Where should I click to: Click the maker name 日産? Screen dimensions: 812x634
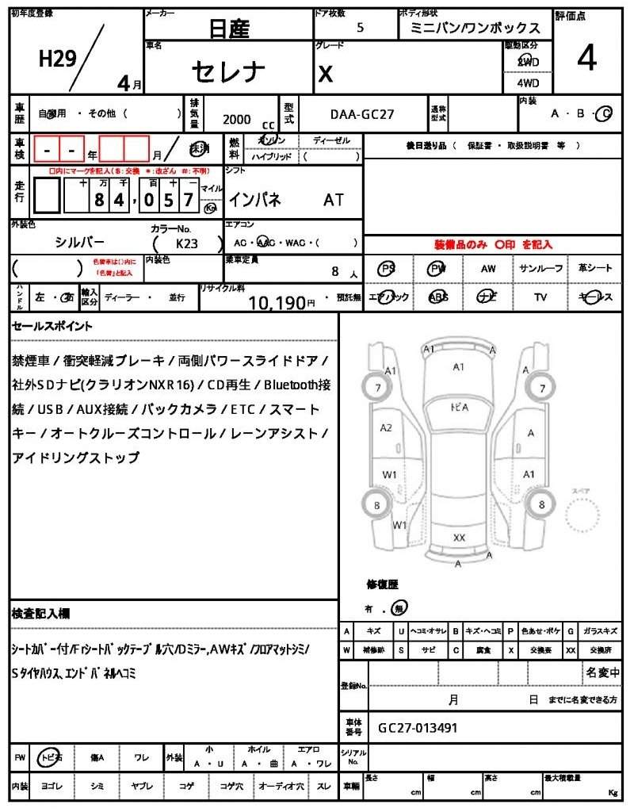click(229, 29)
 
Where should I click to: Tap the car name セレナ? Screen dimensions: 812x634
click(229, 71)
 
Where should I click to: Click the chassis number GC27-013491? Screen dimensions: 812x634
click(418, 727)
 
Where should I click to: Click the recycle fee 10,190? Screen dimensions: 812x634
click(277, 302)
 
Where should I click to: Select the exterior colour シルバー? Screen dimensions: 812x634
click(79, 242)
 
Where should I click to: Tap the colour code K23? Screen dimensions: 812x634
click(187, 245)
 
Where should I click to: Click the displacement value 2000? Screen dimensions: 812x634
click(236, 119)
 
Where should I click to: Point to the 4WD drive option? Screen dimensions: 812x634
click(528, 82)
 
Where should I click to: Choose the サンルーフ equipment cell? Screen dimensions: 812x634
click(541, 269)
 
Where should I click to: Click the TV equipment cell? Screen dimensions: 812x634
click(541, 297)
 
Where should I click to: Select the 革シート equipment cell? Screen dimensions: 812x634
click(595, 269)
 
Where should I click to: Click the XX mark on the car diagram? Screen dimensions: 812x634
click(459, 537)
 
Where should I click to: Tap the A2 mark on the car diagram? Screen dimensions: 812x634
click(386, 427)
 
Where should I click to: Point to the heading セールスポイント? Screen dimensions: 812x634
click(52, 326)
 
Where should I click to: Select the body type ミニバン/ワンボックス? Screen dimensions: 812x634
click(475, 28)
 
